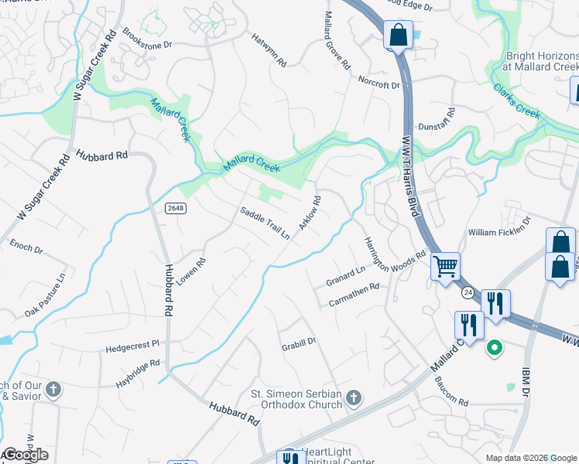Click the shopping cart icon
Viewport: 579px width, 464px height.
point(445,268)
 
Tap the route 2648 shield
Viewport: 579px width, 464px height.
point(174,207)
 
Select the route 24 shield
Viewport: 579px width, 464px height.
point(468,293)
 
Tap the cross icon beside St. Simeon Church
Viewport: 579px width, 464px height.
point(353,398)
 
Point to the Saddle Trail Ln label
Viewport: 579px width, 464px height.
point(264,223)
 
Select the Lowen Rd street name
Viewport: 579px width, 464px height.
point(190,273)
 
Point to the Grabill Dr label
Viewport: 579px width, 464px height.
point(299,341)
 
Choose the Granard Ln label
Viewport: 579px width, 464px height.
point(344,275)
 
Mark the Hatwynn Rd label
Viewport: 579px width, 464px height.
point(269,48)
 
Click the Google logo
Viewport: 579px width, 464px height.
point(25,455)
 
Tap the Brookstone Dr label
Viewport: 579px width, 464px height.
point(147,39)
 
